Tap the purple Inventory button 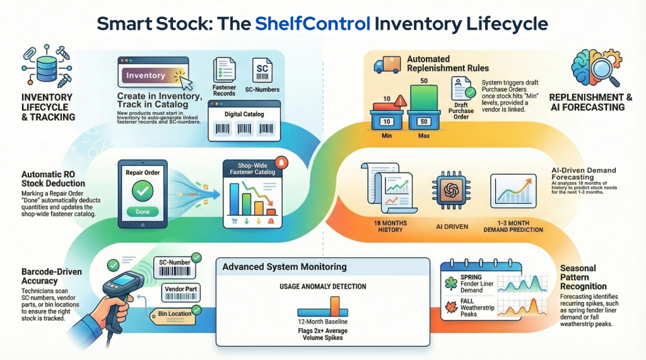(146, 76)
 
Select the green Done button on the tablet (143, 212)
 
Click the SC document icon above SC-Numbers (262, 69)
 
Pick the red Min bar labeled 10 (385, 107)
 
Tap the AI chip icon (450, 191)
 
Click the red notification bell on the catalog (281, 163)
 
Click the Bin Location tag (172, 313)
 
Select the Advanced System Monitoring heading (285, 267)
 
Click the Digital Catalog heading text (244, 114)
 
